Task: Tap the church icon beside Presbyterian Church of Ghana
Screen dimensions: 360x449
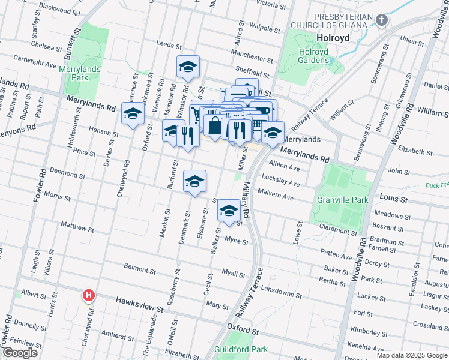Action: tap(381, 20)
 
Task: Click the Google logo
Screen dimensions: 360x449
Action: tap(20, 353)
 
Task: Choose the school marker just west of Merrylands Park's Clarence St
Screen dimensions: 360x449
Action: tap(133, 113)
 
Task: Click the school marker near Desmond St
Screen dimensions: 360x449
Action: tap(194, 182)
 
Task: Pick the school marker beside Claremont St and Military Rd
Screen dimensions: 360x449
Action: tap(228, 211)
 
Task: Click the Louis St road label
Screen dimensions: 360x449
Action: tap(393, 198)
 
